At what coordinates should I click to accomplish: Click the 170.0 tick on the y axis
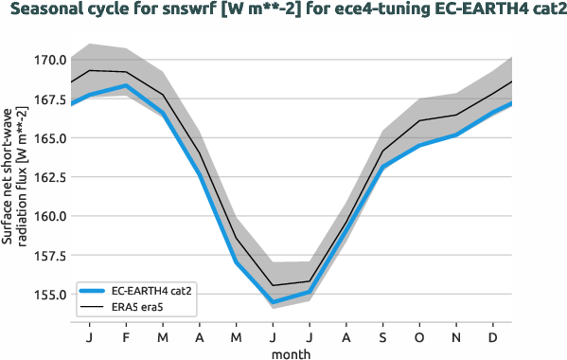click(49, 60)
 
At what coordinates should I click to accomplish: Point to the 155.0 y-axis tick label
click(49, 294)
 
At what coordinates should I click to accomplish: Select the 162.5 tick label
click(49, 176)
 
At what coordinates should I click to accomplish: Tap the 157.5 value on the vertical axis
click(49, 255)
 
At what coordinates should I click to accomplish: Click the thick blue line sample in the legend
click(93, 292)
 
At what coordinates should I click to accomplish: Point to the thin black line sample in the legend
click(93, 308)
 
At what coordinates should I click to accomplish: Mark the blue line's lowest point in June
click(273, 302)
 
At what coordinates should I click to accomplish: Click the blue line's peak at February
click(126, 86)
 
